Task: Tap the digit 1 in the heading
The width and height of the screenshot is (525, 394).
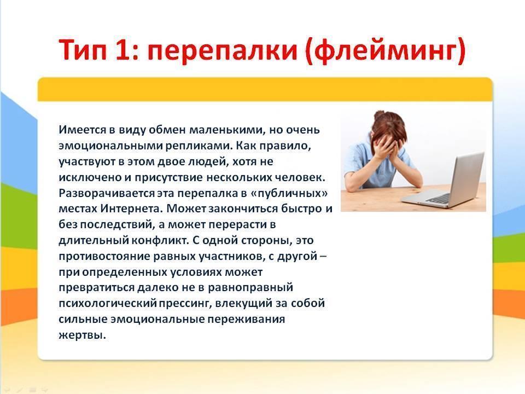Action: click(x=122, y=49)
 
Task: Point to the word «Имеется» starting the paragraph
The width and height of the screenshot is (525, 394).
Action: click(x=83, y=130)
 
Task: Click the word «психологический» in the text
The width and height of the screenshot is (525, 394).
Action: click(x=108, y=303)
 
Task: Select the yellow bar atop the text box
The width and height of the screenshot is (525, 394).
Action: click(x=265, y=89)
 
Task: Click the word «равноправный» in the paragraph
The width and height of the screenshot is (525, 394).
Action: click(x=250, y=288)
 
